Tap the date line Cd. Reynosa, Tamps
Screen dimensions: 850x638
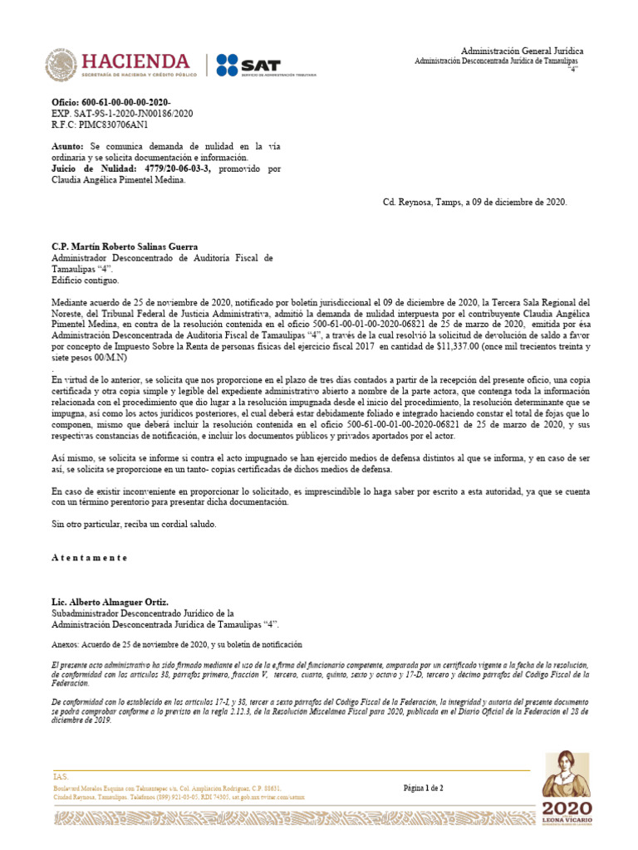click(x=475, y=202)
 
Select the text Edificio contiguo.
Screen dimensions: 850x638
click(x=86, y=281)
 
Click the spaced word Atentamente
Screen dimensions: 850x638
click(x=90, y=558)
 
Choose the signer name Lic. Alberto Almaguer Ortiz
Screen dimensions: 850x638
click(x=110, y=601)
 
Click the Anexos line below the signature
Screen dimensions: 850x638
click(x=176, y=644)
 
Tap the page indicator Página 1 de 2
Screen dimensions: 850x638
click(x=424, y=788)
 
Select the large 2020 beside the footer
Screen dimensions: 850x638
click(x=567, y=808)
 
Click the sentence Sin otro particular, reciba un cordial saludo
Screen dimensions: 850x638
click(x=134, y=525)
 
